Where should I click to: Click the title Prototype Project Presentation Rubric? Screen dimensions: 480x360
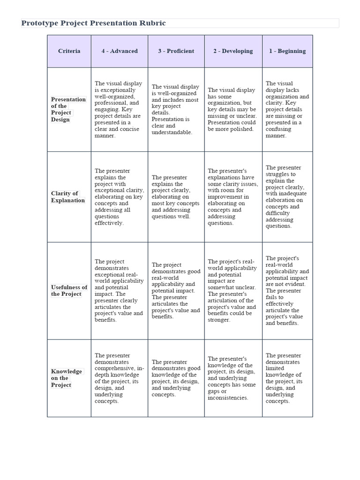pyautogui.click(x=94, y=23)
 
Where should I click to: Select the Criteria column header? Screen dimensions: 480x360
pyautogui.click(x=69, y=51)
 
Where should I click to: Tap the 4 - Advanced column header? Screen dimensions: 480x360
pyautogui.click(x=120, y=51)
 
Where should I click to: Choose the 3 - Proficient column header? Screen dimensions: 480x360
pyautogui.click(x=176, y=51)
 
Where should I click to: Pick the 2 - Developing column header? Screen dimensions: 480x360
pyautogui.click(x=233, y=51)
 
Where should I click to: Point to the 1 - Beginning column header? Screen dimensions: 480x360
pyautogui.click(x=287, y=51)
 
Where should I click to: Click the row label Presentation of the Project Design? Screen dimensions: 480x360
pyautogui.click(x=68, y=109)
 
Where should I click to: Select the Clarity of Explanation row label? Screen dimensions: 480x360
pyautogui.click(x=68, y=197)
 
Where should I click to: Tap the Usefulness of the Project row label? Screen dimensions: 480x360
pyautogui.click(x=69, y=291)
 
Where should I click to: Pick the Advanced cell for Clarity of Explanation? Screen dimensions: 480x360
pyautogui.click(x=119, y=197)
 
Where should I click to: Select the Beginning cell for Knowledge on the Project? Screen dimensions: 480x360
pyautogui.click(x=287, y=378)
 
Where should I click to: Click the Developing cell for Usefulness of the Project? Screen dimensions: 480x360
pyautogui.click(x=232, y=291)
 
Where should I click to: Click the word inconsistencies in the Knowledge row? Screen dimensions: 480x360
pyautogui.click(x=228, y=397)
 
